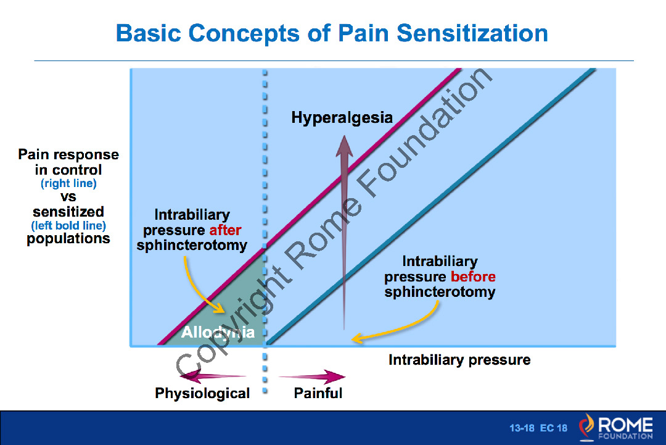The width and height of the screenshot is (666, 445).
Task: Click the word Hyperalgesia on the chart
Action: point(342,117)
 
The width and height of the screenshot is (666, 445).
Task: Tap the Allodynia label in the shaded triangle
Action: point(218,333)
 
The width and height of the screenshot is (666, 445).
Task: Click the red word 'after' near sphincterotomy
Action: point(225,230)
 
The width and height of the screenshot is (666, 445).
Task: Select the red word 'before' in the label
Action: point(473,277)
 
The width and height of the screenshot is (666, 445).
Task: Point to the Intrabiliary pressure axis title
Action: point(459,360)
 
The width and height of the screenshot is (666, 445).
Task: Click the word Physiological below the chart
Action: point(202,393)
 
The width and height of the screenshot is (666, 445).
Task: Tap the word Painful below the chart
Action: point(318,393)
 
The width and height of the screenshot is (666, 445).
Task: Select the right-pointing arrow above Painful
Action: point(312,376)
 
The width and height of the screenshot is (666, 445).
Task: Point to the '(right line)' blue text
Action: point(68,183)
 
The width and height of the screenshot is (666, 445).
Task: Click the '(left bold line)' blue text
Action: point(68,226)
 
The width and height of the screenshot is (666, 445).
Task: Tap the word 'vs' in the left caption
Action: point(68,198)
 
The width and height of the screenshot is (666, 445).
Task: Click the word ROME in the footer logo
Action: point(625,425)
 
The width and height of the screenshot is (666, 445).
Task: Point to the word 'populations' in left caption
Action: point(68,239)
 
